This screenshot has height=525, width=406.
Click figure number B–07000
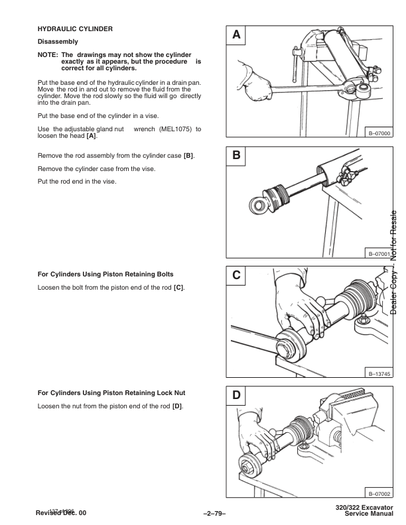[379, 133]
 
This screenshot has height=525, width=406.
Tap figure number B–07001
[379, 254]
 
